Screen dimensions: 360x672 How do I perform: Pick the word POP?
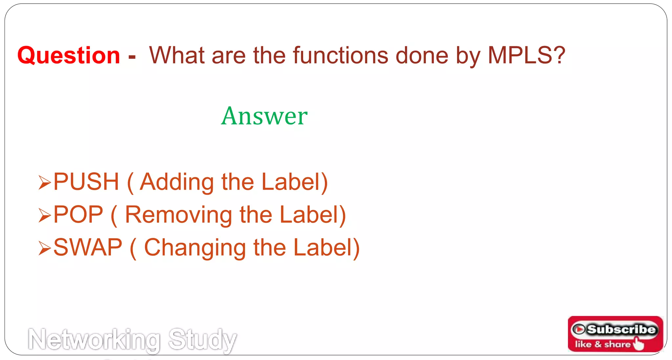[x=78, y=215]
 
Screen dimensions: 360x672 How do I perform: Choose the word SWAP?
[x=88, y=247]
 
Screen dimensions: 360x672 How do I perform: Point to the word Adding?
[x=177, y=182]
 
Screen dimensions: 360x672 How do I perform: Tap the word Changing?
[x=195, y=248]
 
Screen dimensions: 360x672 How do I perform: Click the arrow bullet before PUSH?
[x=45, y=182]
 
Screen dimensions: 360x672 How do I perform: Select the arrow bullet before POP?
[x=45, y=215]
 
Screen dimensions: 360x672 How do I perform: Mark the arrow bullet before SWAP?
[x=45, y=248]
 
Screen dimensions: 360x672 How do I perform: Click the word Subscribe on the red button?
[x=621, y=329]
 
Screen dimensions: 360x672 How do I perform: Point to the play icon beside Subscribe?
[x=579, y=329]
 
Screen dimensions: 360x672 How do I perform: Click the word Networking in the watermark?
[x=94, y=340]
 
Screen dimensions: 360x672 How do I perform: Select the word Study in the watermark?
[x=202, y=340]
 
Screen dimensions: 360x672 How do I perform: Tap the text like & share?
[x=602, y=344]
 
